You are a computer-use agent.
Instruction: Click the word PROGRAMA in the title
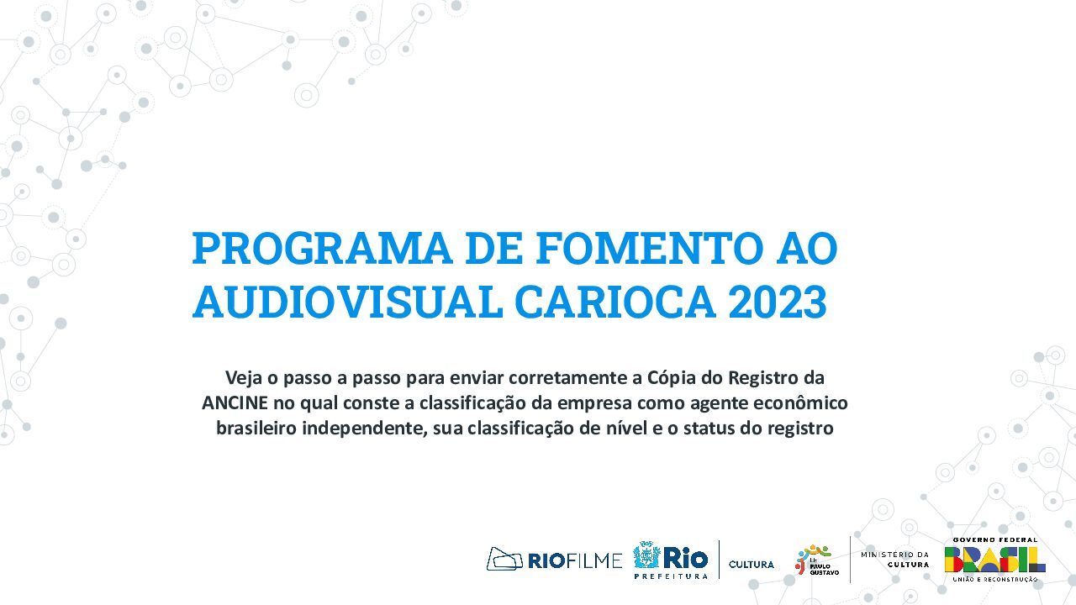(x=322, y=248)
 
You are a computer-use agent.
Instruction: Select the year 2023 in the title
(x=778, y=302)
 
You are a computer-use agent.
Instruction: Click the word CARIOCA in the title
(x=614, y=302)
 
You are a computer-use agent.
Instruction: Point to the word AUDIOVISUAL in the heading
(x=347, y=302)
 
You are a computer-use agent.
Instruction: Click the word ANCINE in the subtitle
(x=235, y=402)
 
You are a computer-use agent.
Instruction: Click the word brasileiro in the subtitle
(x=256, y=428)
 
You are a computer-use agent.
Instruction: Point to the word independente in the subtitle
(x=364, y=429)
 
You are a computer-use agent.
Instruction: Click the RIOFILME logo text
(x=575, y=560)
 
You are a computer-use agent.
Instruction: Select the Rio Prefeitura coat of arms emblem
(x=646, y=555)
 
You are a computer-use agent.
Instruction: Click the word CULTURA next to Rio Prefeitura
(x=752, y=564)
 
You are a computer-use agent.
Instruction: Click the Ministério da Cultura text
(x=895, y=560)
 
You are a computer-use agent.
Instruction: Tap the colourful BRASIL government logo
(x=994, y=560)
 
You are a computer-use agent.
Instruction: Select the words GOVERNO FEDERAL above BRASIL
(x=995, y=539)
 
